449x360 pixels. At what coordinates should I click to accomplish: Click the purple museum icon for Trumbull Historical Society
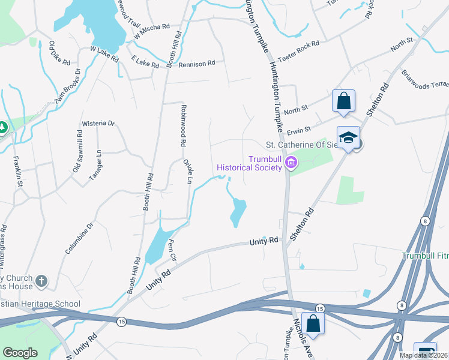[x=292, y=162]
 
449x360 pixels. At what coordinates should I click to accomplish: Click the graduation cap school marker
[x=348, y=137]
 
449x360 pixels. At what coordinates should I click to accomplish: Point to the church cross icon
[x=41, y=281]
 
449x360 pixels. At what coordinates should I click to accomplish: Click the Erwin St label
[x=299, y=129]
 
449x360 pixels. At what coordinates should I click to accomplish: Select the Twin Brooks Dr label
[x=68, y=88]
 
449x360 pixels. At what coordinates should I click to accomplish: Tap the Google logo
[x=20, y=353]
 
